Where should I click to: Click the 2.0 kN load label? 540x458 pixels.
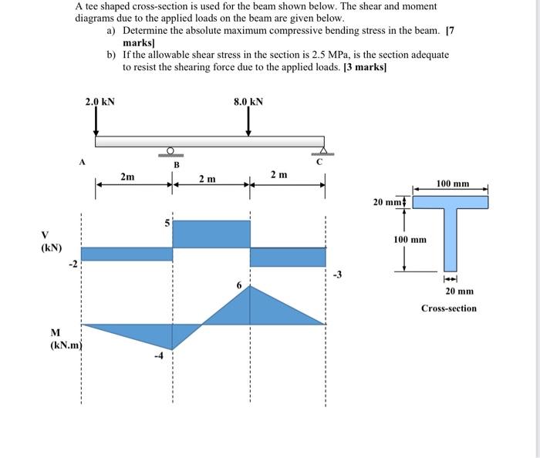pos(100,102)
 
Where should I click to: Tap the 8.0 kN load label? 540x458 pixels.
pos(248,102)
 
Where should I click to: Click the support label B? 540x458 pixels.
pos(176,164)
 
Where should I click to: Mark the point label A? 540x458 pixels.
pos(81,162)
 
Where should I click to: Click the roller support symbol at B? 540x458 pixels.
pos(170,151)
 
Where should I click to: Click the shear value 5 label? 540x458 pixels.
pos(166,224)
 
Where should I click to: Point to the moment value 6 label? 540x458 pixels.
pos(239,285)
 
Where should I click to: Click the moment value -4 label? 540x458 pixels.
pos(159,355)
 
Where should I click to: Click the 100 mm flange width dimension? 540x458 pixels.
pos(453,184)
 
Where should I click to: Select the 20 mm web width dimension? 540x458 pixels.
pos(460,291)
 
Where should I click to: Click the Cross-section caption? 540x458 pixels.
pos(448,308)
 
